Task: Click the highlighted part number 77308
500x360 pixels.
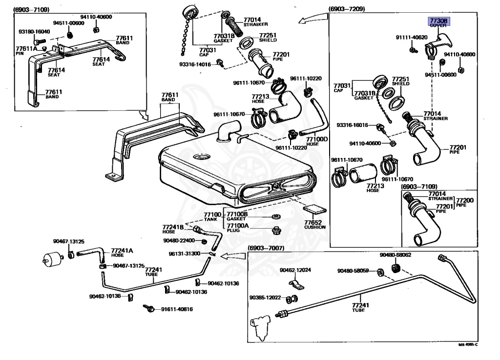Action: click(x=438, y=21)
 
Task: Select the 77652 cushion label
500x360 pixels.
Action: click(x=314, y=223)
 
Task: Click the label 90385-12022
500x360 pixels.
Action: click(x=265, y=297)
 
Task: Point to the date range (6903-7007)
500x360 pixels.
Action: click(x=266, y=248)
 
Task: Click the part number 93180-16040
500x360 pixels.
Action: click(x=34, y=32)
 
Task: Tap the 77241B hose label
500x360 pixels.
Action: click(x=173, y=229)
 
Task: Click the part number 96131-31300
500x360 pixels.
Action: click(x=185, y=254)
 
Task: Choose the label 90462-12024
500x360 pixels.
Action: click(x=295, y=270)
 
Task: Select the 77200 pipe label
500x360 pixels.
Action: click(x=464, y=202)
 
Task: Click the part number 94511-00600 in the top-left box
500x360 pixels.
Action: click(x=69, y=23)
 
